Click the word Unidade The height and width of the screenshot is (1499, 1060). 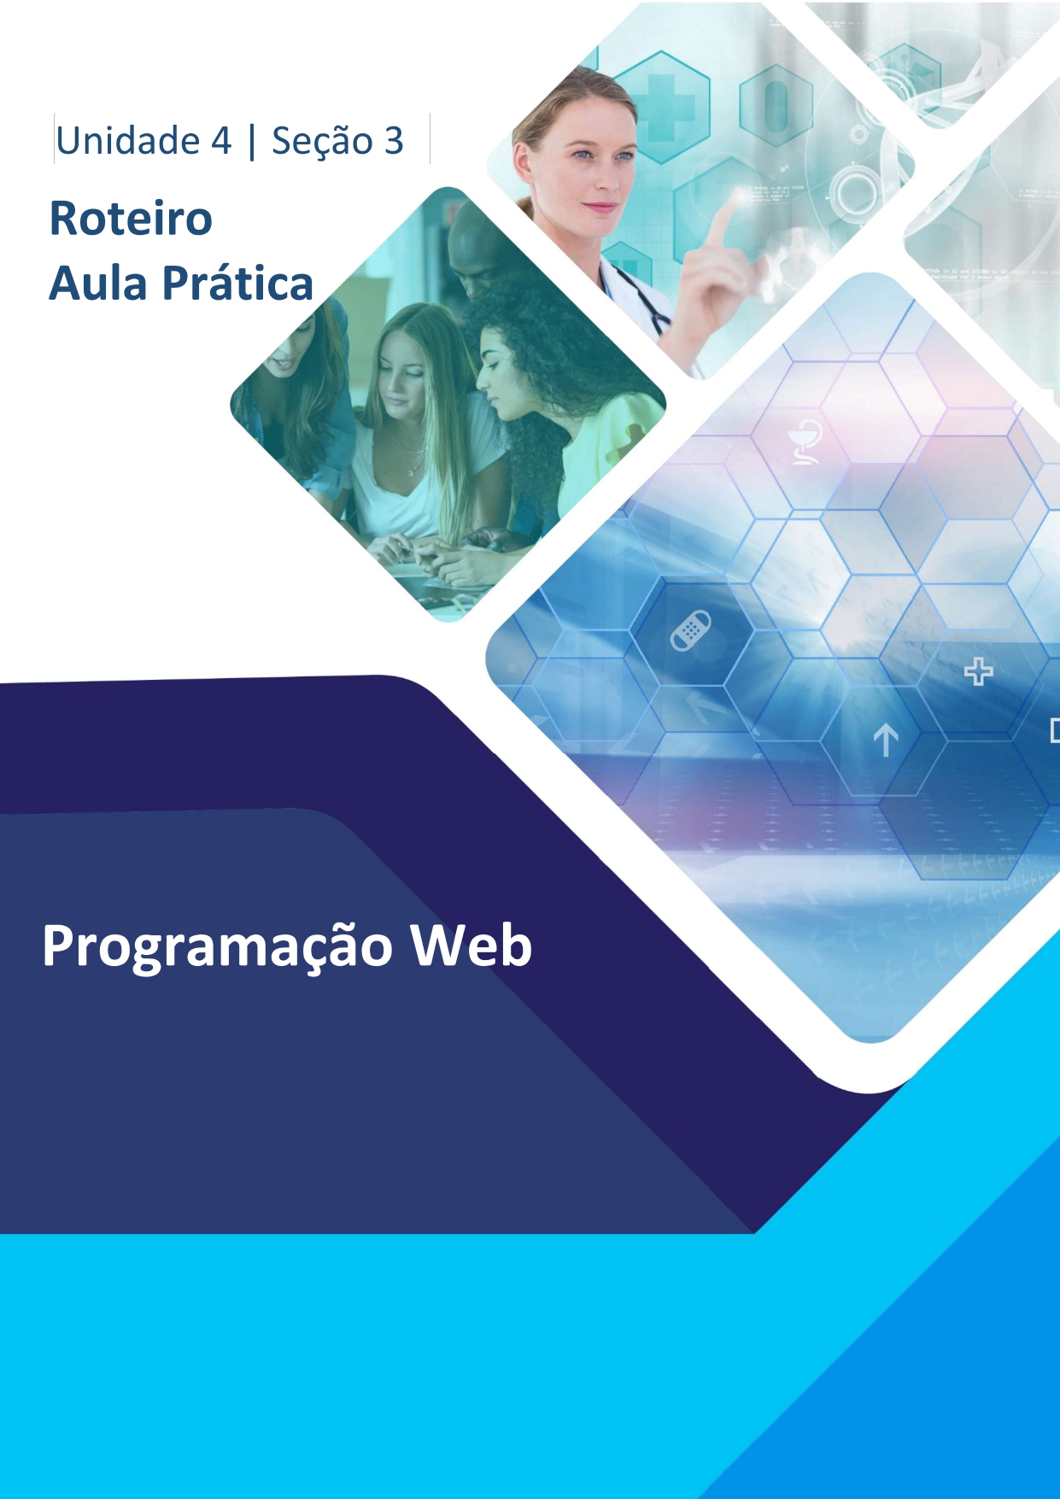coord(127,141)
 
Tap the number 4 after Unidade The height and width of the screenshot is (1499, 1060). coord(221,141)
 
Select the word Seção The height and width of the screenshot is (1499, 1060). coord(322,141)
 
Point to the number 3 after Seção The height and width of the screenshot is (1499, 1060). coord(393,141)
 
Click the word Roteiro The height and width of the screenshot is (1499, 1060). coord(131,219)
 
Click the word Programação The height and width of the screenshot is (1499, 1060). coord(217,946)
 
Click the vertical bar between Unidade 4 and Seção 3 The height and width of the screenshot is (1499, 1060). coord(251,142)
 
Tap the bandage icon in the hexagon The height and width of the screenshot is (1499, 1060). coord(690,630)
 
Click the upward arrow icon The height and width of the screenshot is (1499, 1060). coord(885,740)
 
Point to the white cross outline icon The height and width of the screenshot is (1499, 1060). coord(978,671)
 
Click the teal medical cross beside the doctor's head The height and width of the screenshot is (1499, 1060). coord(661,107)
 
